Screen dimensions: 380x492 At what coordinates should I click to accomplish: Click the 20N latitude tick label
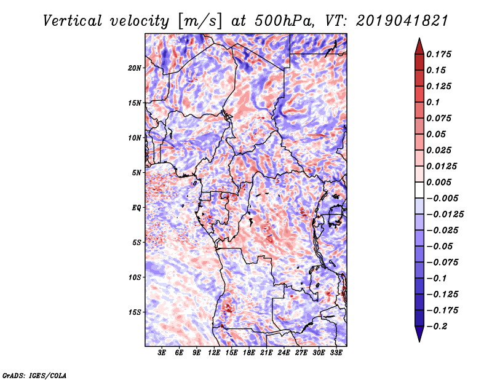135,68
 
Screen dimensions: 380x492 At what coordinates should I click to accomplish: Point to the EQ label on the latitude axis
137,208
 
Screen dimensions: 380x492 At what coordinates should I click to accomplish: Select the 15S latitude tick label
135,312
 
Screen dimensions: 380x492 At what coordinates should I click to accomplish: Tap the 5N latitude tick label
137,173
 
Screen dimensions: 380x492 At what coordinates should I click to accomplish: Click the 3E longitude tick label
162,354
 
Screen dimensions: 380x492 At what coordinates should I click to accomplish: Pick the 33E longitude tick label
336,354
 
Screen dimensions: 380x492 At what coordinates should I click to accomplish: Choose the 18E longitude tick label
249,354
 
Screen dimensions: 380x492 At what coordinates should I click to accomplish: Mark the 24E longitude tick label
284,354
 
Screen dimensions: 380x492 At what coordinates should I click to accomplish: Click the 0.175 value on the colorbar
440,54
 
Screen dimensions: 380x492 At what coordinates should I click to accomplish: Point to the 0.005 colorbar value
440,182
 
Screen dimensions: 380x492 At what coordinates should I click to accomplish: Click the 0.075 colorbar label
440,118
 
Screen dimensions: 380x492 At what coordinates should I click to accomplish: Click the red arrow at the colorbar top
419,44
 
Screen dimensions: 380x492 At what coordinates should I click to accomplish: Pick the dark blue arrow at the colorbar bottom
419,335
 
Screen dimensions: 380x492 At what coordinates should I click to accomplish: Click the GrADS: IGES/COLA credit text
34,374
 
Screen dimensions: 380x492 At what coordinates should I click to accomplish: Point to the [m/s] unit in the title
198,21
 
